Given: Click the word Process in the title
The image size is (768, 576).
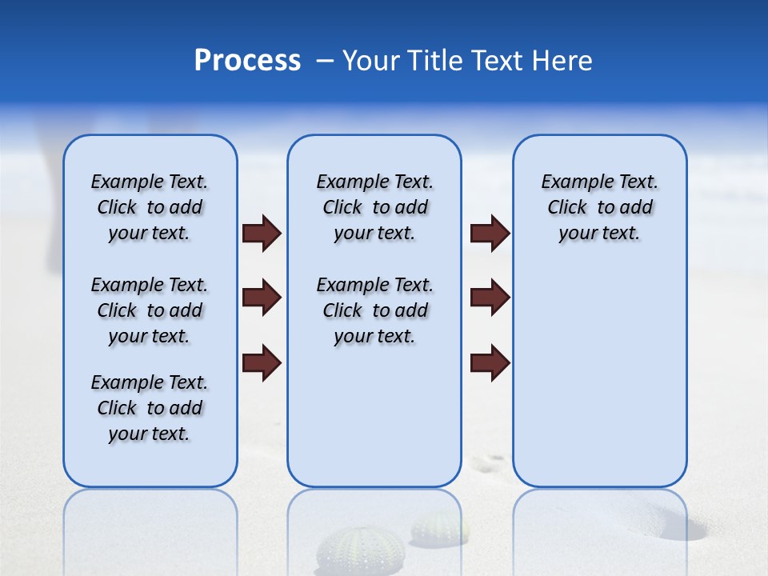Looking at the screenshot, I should click(x=247, y=61).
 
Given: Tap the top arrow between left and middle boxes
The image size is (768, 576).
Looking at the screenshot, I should click(x=261, y=233).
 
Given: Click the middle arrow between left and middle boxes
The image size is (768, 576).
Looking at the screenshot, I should click(x=261, y=298).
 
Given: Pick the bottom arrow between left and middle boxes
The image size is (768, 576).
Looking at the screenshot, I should click(x=261, y=363).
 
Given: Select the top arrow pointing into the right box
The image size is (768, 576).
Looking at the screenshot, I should click(x=490, y=233).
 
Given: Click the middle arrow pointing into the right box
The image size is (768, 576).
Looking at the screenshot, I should click(x=490, y=298).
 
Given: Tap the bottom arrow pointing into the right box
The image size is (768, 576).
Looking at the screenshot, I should click(x=490, y=363).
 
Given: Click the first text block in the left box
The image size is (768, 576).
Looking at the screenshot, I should click(x=150, y=207).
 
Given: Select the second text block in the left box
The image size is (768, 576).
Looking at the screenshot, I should click(x=150, y=310).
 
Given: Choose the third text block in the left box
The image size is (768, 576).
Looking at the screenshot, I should click(x=150, y=408).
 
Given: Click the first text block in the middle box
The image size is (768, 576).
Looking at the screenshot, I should click(x=374, y=207).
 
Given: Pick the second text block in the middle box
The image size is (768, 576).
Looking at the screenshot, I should click(x=374, y=310).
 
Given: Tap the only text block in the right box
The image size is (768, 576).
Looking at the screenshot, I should click(x=599, y=207).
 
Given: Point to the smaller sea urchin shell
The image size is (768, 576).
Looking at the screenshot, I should click(x=438, y=529).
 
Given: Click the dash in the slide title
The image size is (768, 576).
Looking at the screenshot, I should click(x=325, y=61).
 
